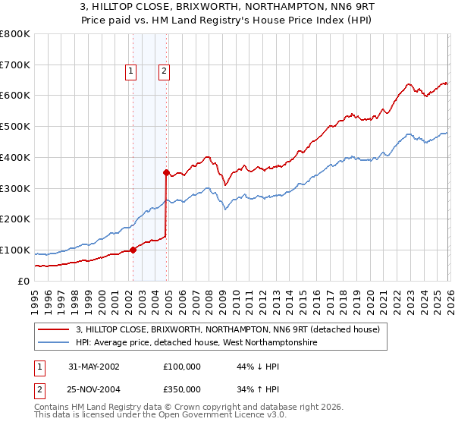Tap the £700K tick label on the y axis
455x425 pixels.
[15, 65]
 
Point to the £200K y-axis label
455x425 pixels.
[15, 219]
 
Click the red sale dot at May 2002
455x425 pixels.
[133, 250]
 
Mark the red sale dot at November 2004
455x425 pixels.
[166, 172]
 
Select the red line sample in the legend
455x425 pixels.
[53, 329]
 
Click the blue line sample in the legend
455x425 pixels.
[53, 342]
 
